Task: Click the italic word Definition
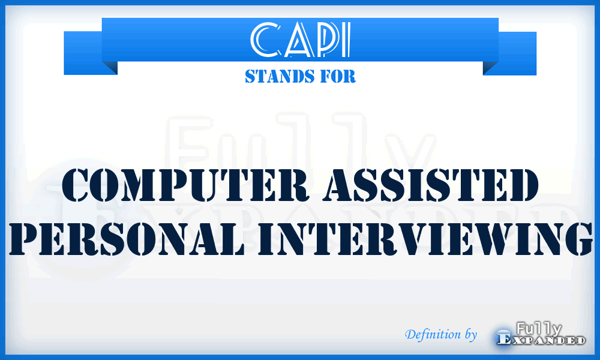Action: [433, 334]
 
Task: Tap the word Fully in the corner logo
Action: [538, 328]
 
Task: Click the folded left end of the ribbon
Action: [90, 57]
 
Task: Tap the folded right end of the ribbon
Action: [509, 57]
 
